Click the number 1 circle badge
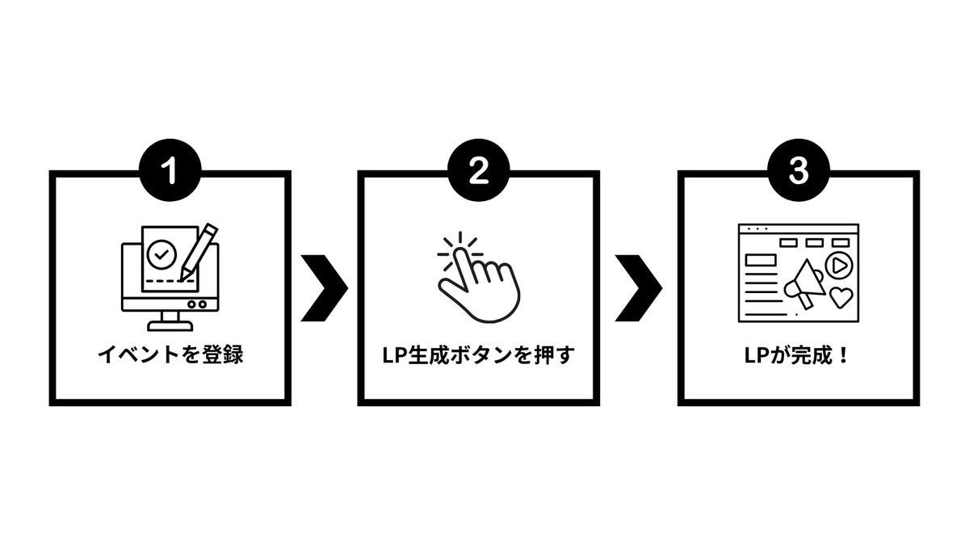170,171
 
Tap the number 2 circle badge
478,171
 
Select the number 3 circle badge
798,171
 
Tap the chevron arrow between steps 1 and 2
324,288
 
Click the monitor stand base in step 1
170,325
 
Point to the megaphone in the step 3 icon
803,283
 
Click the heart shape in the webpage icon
841,297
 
